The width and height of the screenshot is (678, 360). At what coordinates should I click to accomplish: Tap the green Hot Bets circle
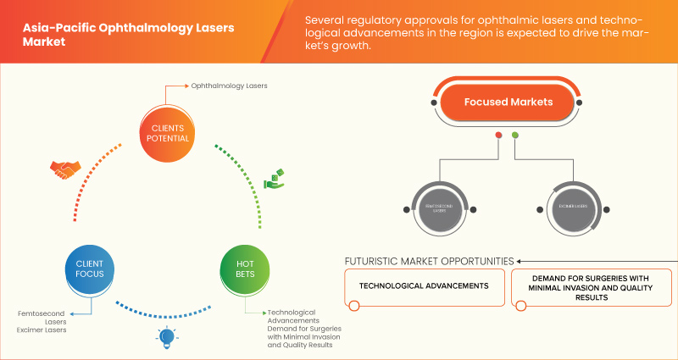[244, 269]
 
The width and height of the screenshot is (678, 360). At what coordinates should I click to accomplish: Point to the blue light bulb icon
[166, 337]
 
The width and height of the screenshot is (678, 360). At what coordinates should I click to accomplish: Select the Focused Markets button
[508, 102]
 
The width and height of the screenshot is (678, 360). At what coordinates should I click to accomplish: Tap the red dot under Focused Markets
[498, 136]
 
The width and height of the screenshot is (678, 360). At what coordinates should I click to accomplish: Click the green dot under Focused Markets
[515, 136]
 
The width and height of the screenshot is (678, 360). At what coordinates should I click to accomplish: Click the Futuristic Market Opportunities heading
[429, 260]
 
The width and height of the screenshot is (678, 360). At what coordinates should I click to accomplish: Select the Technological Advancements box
[424, 285]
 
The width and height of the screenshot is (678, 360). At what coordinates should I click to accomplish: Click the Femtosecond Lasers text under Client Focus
[42, 318]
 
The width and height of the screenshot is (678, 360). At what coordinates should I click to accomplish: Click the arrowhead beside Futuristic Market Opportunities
[520, 260]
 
